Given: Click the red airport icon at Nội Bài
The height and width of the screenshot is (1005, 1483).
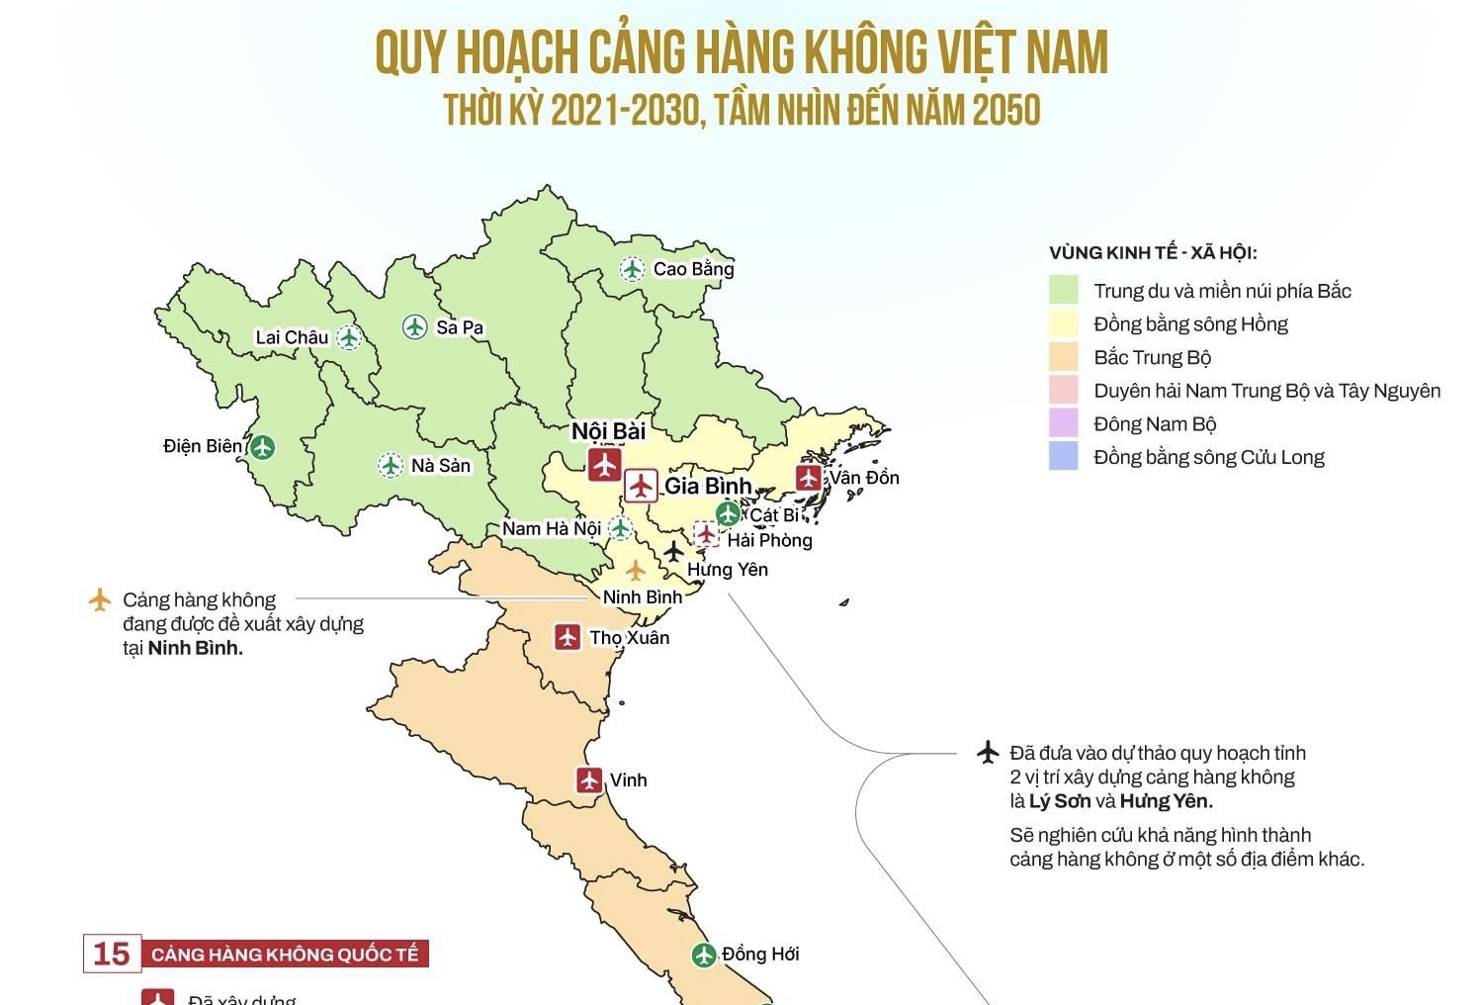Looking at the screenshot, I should tap(604, 464).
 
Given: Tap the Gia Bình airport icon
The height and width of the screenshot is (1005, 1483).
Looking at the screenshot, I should tap(641, 486).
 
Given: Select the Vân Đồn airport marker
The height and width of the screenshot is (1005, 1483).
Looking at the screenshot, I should tap(809, 478).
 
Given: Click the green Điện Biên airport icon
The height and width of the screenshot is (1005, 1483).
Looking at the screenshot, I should tap(262, 447).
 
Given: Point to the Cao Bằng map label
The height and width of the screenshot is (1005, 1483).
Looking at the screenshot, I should tap(693, 269).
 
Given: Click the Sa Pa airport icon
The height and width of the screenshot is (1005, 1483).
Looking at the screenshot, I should tap(415, 326).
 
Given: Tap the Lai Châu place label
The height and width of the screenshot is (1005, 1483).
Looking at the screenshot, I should tap(292, 337).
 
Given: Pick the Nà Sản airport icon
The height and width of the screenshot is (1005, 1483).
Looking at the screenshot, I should tap(391, 465).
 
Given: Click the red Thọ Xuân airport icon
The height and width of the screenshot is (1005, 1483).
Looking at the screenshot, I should tap(567, 637).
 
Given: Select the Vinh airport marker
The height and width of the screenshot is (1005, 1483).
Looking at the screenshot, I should tap(590, 779).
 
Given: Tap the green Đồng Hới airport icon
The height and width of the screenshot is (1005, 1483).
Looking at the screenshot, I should tap(703, 955).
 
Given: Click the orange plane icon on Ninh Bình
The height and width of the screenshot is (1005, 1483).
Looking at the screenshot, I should tap(635, 571).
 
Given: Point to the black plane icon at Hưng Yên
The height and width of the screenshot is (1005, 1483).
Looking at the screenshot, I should tap(673, 551).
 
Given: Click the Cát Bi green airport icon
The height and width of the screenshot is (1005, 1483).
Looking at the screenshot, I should tap(728, 514).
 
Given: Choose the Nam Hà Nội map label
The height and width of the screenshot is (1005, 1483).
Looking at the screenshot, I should tap(551, 528).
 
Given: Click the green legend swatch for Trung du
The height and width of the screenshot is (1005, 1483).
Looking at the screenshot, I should tap(1063, 291).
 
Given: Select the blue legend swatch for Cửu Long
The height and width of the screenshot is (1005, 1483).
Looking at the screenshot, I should tap(1063, 457).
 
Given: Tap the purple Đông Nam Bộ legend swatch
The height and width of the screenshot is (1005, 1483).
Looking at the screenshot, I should tap(1063, 423).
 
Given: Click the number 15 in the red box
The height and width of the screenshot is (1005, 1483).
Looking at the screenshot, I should tap(112, 954).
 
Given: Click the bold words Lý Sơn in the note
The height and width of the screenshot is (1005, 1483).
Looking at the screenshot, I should tap(1060, 801).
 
